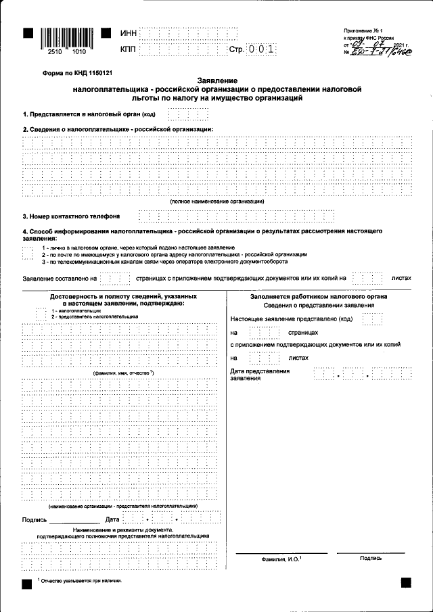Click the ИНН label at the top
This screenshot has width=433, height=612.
pos(129,33)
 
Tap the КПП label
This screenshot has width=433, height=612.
pos(129,49)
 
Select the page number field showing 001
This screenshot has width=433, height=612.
pos(262,49)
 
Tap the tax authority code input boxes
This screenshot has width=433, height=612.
pos(179,114)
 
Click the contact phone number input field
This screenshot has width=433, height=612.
pos(236,216)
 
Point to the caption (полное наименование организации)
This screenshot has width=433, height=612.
pos(216,202)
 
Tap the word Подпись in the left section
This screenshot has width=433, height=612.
pos(35,519)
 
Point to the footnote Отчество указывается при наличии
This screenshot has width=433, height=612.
pos(81,580)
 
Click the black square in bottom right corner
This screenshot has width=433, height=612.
pos(406,582)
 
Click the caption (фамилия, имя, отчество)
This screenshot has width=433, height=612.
pos(123,373)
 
